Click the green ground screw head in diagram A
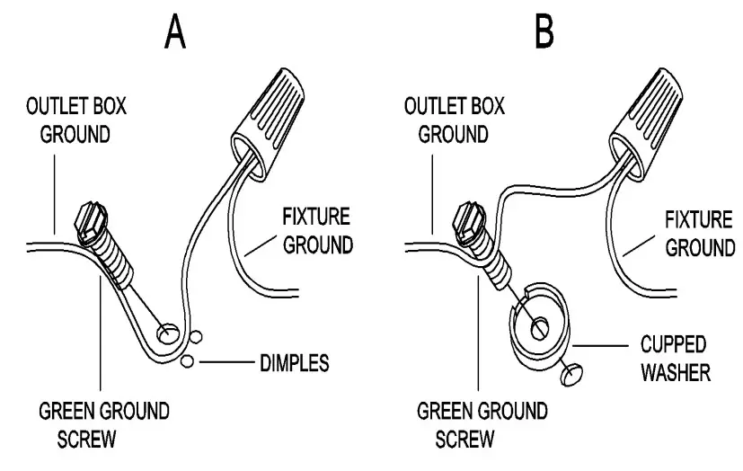(93, 222)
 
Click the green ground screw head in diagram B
(473, 222)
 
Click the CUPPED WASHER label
(674, 358)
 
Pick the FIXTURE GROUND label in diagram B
(699, 232)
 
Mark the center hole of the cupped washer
(540, 327)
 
